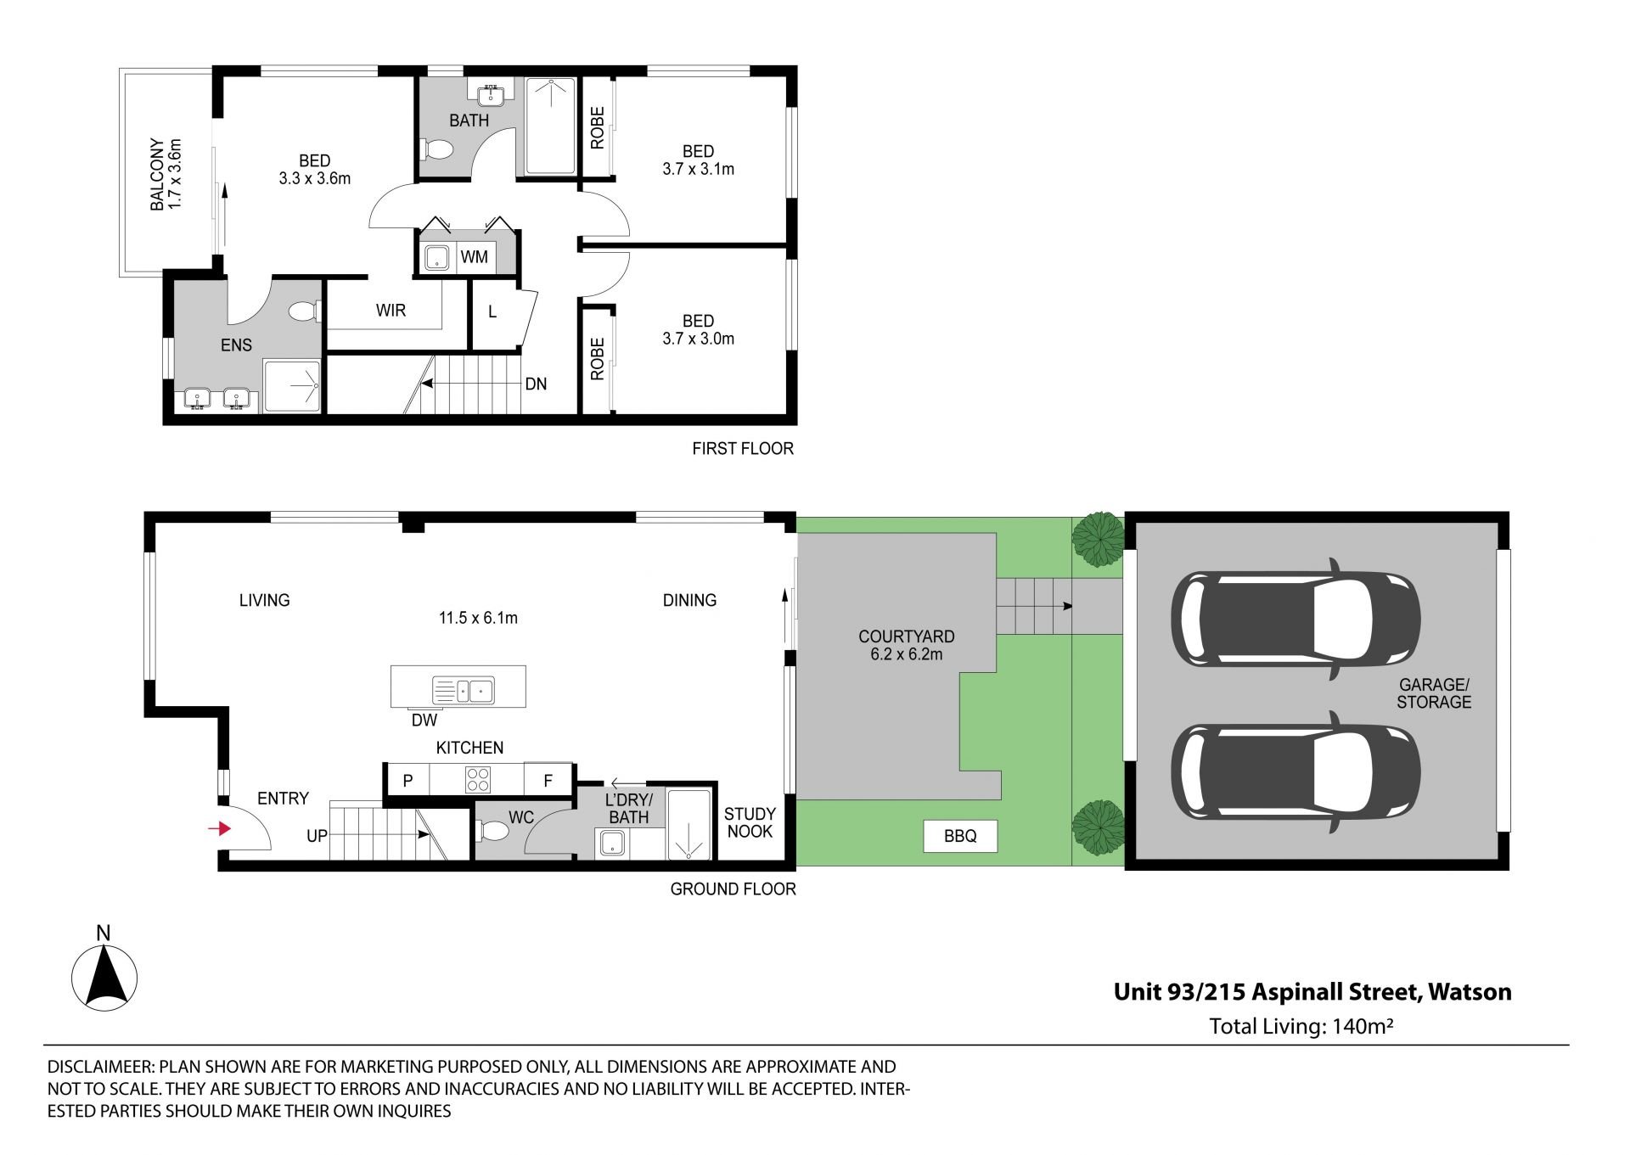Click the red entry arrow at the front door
coord(221,828)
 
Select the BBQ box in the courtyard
coord(960,836)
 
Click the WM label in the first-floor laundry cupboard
coord(474,256)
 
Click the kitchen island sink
coord(464,690)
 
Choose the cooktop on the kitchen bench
coord(478,779)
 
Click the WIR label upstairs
coord(391,311)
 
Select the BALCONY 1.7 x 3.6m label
coord(166,175)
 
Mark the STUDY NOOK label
coord(750,822)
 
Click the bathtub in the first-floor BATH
coord(550,126)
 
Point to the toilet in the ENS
coord(303,312)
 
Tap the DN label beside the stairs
coord(536,384)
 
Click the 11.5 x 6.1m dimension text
coord(478,618)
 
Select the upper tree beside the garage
coord(1099,539)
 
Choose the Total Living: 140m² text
coord(1301,1026)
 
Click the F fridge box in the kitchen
coord(548,780)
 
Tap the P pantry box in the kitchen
coord(407,780)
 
